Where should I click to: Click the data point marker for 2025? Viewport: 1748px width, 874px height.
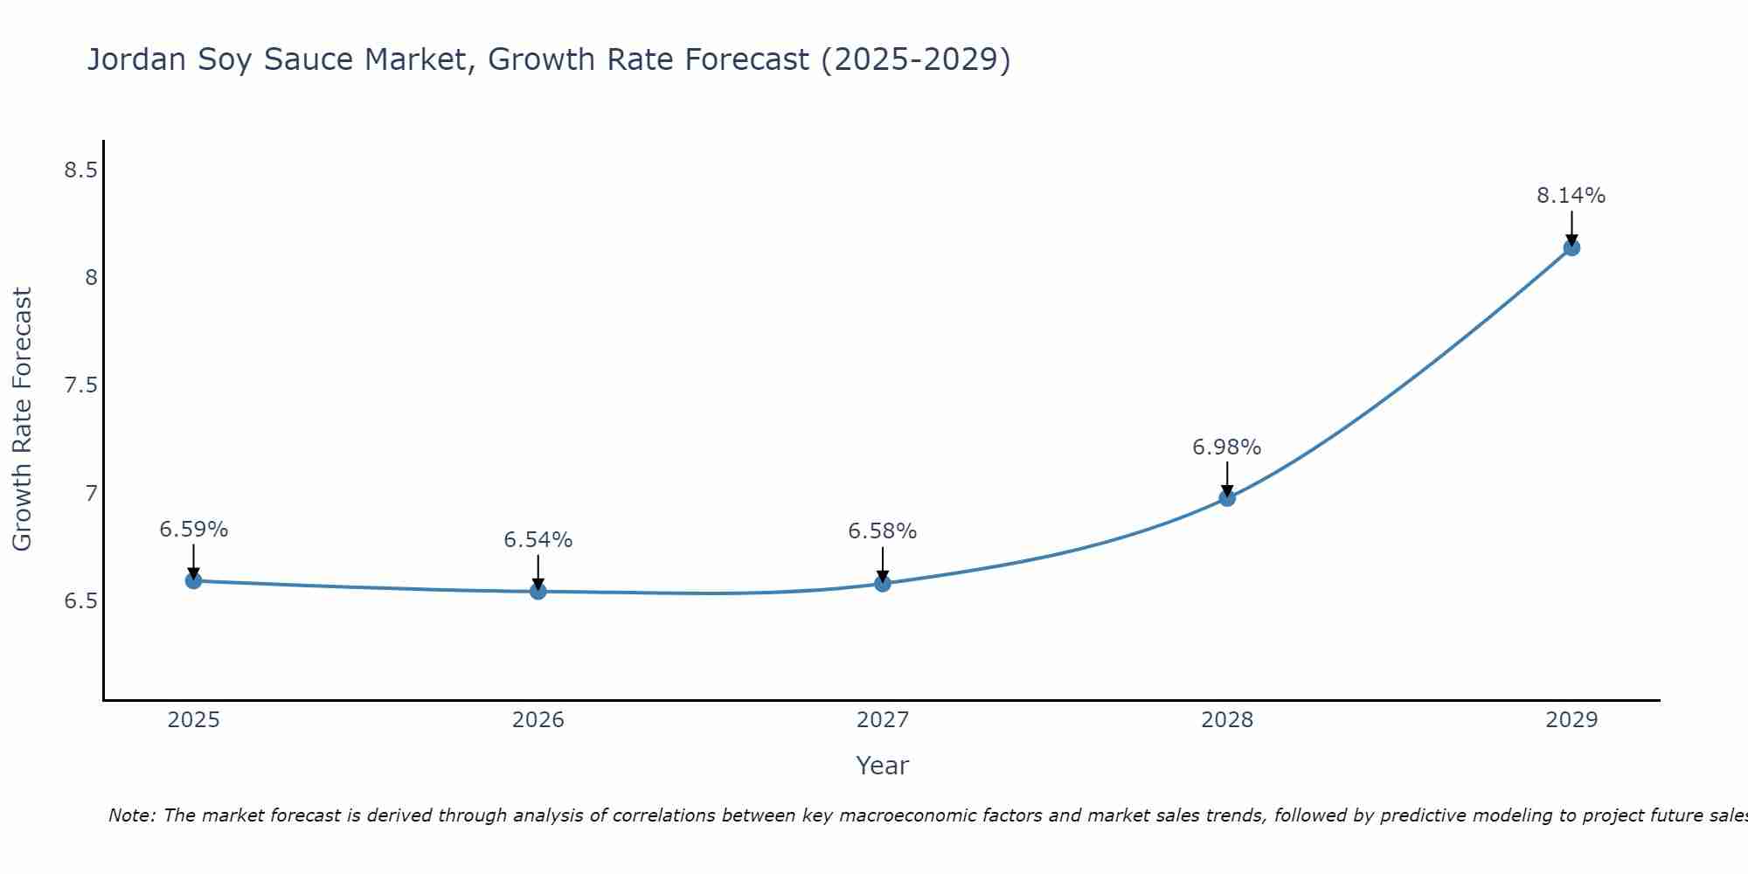coord(193,580)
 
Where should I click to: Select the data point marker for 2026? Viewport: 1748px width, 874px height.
coord(538,592)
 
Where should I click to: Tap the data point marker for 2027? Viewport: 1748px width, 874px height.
coord(883,583)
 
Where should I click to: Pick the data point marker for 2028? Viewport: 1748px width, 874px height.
coord(1227,498)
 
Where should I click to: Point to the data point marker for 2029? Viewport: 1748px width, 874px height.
coord(1571,247)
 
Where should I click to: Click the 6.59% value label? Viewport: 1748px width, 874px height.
coord(193,530)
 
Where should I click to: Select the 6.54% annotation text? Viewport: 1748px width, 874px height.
coord(538,540)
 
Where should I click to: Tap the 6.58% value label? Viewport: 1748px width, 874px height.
coord(883,531)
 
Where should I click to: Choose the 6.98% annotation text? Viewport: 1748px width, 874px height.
coord(1227,447)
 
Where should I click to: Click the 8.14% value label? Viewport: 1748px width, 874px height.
coord(1571,196)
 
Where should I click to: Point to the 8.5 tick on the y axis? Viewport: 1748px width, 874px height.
coord(80,170)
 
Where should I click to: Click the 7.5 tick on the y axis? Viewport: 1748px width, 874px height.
coord(80,385)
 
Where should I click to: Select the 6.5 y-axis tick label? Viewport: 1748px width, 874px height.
coord(80,601)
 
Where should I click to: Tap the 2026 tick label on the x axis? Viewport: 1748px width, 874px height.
coord(538,720)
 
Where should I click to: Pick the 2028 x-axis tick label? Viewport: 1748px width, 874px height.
coord(1227,720)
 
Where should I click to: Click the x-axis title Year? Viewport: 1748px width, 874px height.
coord(883,766)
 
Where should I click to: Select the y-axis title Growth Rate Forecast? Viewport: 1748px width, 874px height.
coord(22,420)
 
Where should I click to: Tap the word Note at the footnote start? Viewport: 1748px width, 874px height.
coord(131,815)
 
